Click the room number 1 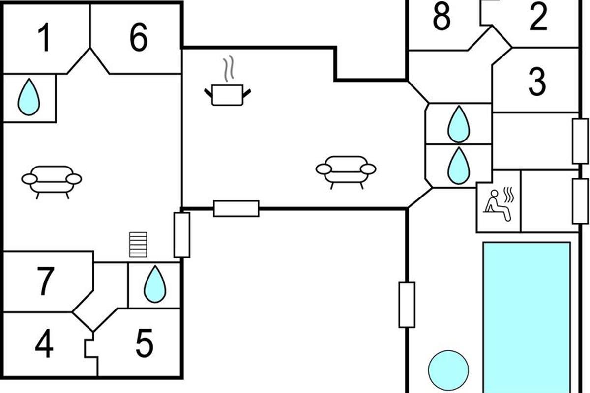coord(44,38)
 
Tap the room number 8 coord(442,17)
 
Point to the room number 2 coord(538,17)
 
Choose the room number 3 coord(537,81)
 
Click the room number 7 coord(45,281)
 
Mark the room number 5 coord(144,344)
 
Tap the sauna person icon coord(498,201)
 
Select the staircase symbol coord(138,245)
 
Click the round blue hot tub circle coord(448,369)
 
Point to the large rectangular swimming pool coord(526,314)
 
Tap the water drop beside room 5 coord(155,285)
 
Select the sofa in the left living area coord(52,180)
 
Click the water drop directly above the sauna coord(458,166)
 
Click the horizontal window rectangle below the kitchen coord(236,208)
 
